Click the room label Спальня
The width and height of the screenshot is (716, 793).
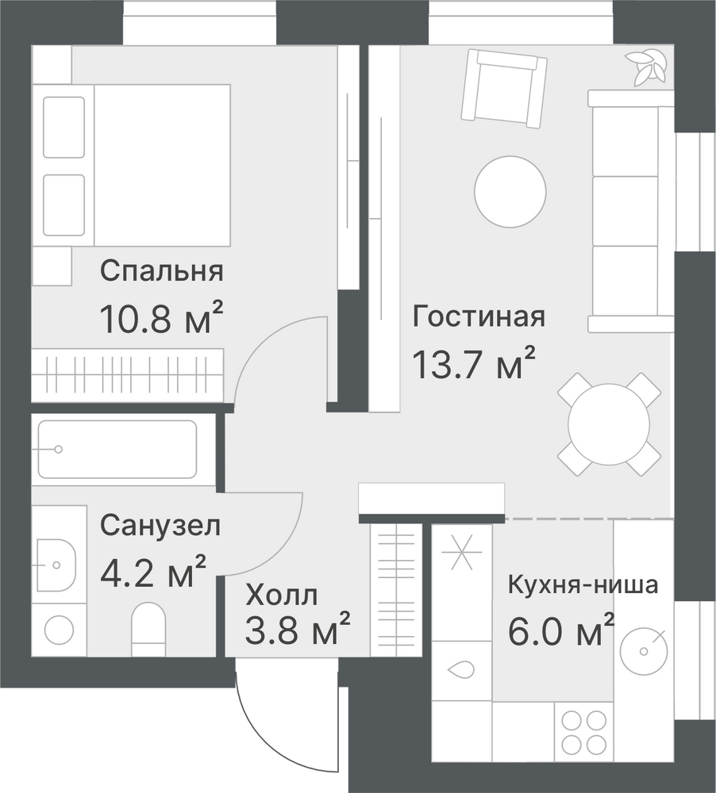[161, 271]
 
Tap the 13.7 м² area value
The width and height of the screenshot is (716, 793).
[474, 362]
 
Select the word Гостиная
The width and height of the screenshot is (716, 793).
[479, 316]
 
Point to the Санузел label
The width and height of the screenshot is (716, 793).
[160, 526]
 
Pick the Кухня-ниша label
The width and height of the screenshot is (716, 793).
[583, 584]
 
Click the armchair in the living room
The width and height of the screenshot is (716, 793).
[505, 89]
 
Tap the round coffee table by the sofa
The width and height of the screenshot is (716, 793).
[510, 191]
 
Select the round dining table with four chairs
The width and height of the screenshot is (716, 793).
[609, 424]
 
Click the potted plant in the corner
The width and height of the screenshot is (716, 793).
[645, 67]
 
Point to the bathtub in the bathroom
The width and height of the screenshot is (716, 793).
[117, 449]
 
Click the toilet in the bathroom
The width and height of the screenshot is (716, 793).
[148, 629]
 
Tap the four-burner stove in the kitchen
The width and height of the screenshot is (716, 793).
[584, 732]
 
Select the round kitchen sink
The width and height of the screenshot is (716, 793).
[644, 651]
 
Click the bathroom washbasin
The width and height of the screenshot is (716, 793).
[56, 565]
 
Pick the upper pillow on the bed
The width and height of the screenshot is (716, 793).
[64, 128]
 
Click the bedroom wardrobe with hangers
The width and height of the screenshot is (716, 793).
[127, 375]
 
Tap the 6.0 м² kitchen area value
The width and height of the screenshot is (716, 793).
[561, 630]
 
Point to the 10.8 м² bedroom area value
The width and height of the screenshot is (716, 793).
[161, 318]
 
